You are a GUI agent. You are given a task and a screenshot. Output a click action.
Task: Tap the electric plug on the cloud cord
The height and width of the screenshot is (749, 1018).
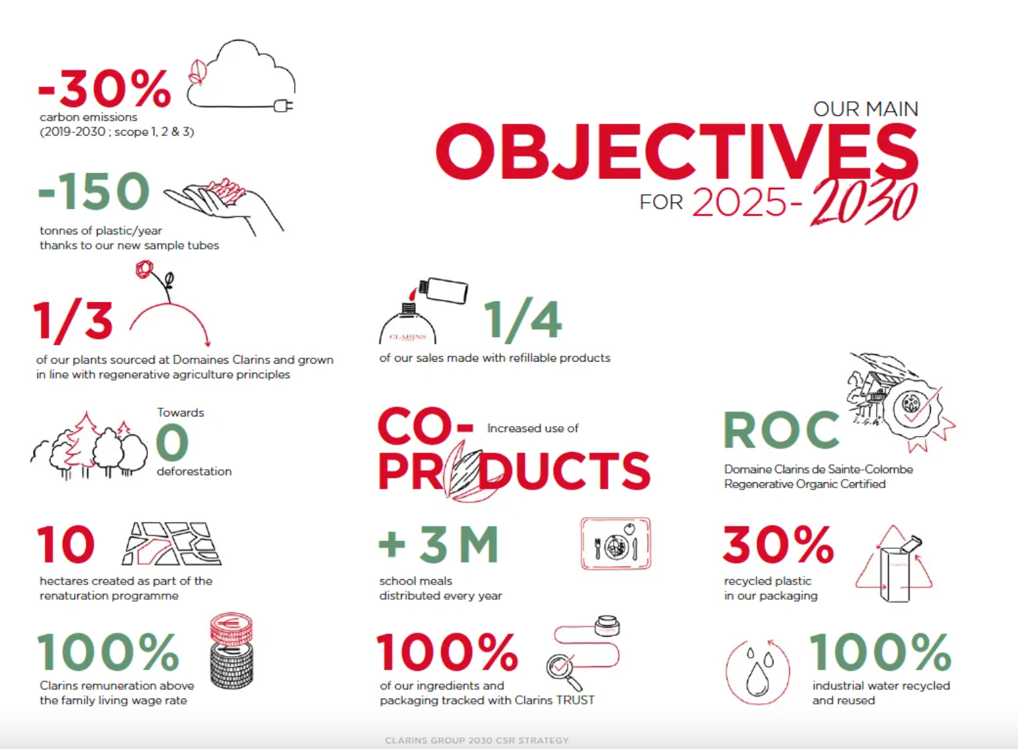[284, 106]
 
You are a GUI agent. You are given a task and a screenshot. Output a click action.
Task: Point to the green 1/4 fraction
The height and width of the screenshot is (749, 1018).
[523, 318]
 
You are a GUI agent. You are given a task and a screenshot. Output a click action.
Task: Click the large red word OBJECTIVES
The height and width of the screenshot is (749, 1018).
[677, 152]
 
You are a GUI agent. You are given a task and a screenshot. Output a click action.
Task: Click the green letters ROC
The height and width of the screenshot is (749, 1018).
[781, 429]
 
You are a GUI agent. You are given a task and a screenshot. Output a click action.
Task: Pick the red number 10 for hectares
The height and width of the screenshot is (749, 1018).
[66, 544]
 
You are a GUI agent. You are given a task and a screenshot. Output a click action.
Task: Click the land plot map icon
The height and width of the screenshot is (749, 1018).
[171, 543]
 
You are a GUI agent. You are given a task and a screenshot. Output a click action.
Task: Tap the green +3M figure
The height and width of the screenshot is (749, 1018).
[439, 543]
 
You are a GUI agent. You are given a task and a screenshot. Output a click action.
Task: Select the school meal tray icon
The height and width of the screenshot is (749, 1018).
[616, 543]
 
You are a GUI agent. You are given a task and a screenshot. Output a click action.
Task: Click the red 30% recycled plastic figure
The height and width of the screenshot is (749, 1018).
[778, 544]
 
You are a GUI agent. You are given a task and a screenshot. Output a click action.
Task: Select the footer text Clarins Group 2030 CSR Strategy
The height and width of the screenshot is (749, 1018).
[477, 741]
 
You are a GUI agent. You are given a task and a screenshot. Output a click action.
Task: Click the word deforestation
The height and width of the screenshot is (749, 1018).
[194, 471]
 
